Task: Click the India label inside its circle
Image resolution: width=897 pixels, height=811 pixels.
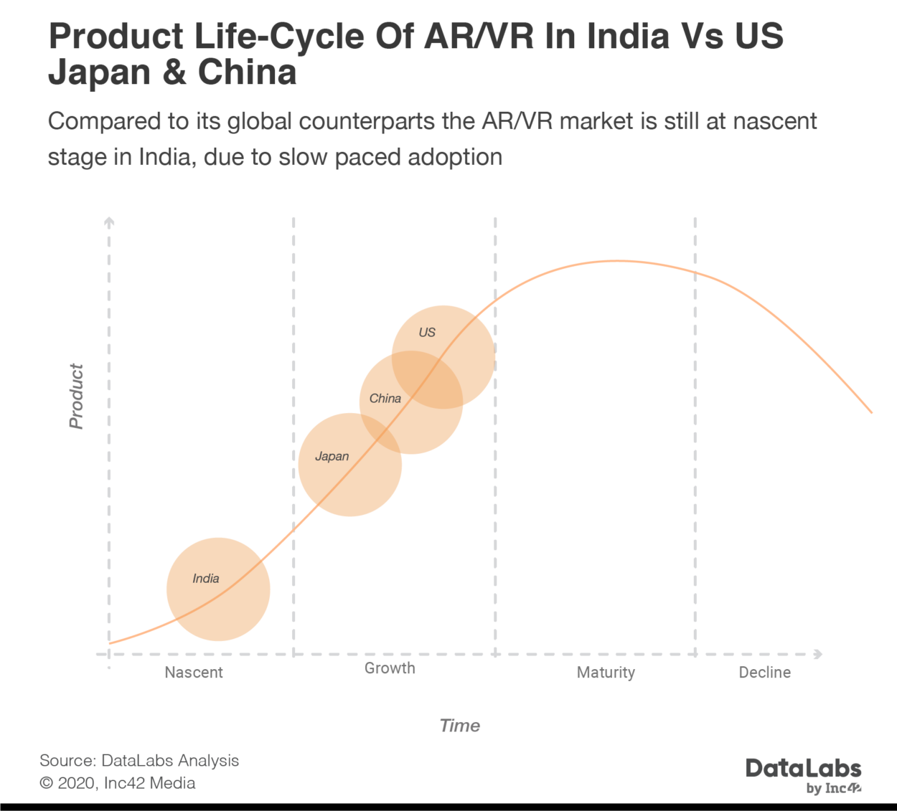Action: point(206,579)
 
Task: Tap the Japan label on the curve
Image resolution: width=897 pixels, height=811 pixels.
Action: point(332,457)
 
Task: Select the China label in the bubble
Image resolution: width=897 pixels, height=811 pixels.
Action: point(385,399)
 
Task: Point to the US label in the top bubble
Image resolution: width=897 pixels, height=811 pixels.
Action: point(427,333)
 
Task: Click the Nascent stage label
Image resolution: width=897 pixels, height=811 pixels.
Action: point(194,673)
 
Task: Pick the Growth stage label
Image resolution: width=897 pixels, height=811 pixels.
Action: point(390,668)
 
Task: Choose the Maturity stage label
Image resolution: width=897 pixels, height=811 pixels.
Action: point(606,673)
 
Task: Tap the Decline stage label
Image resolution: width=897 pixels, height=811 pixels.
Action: point(765,673)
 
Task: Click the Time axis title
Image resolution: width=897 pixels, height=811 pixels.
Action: point(460,726)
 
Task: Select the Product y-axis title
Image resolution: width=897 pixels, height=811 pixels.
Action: point(76,397)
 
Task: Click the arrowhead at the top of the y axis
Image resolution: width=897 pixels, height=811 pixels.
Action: point(109,220)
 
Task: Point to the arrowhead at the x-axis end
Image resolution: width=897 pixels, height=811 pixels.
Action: point(818,654)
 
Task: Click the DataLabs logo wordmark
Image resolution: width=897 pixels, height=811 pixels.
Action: point(803,769)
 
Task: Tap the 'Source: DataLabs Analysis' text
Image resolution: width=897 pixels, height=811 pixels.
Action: point(139,761)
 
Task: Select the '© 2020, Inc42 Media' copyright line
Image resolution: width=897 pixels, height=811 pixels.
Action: point(118,783)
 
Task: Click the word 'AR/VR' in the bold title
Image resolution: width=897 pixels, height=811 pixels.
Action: point(479,37)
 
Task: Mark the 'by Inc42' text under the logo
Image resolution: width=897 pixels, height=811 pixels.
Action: point(834,789)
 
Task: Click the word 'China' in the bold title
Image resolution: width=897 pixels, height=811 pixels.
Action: point(247,73)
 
